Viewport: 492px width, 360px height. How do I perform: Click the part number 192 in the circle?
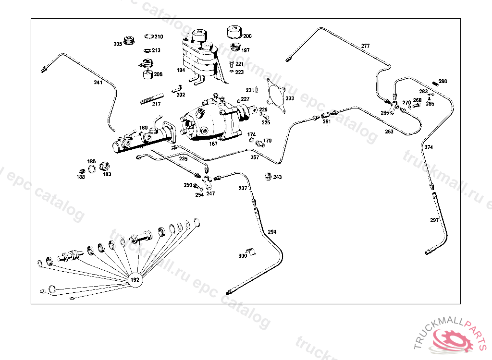point(135,279)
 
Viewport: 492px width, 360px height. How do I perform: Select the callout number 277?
point(366,46)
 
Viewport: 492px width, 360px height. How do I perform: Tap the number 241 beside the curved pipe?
point(98,83)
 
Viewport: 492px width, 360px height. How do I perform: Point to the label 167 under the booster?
point(213,144)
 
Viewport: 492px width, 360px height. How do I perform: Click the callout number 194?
point(181,70)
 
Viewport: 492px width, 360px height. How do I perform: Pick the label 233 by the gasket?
point(290,98)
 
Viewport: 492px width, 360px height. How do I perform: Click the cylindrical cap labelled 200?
point(234,32)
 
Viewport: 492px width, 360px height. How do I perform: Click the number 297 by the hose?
point(434,220)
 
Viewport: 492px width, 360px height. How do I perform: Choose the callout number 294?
point(272,232)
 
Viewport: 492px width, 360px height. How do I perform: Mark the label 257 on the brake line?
point(255,157)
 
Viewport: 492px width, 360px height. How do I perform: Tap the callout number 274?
point(429,147)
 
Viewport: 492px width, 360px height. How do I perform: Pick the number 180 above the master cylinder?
point(144,128)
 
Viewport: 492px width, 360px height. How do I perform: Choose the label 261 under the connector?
point(327,121)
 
